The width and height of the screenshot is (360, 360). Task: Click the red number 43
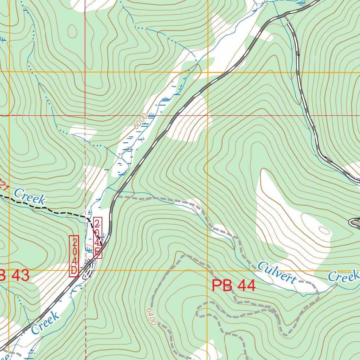coord(20,276)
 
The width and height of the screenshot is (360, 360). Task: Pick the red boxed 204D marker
coord(74,256)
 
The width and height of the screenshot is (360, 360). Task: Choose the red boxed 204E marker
coord(97,238)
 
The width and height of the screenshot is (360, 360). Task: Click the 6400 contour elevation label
coord(150,317)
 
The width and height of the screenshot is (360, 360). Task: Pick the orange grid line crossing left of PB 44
coord(207,270)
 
